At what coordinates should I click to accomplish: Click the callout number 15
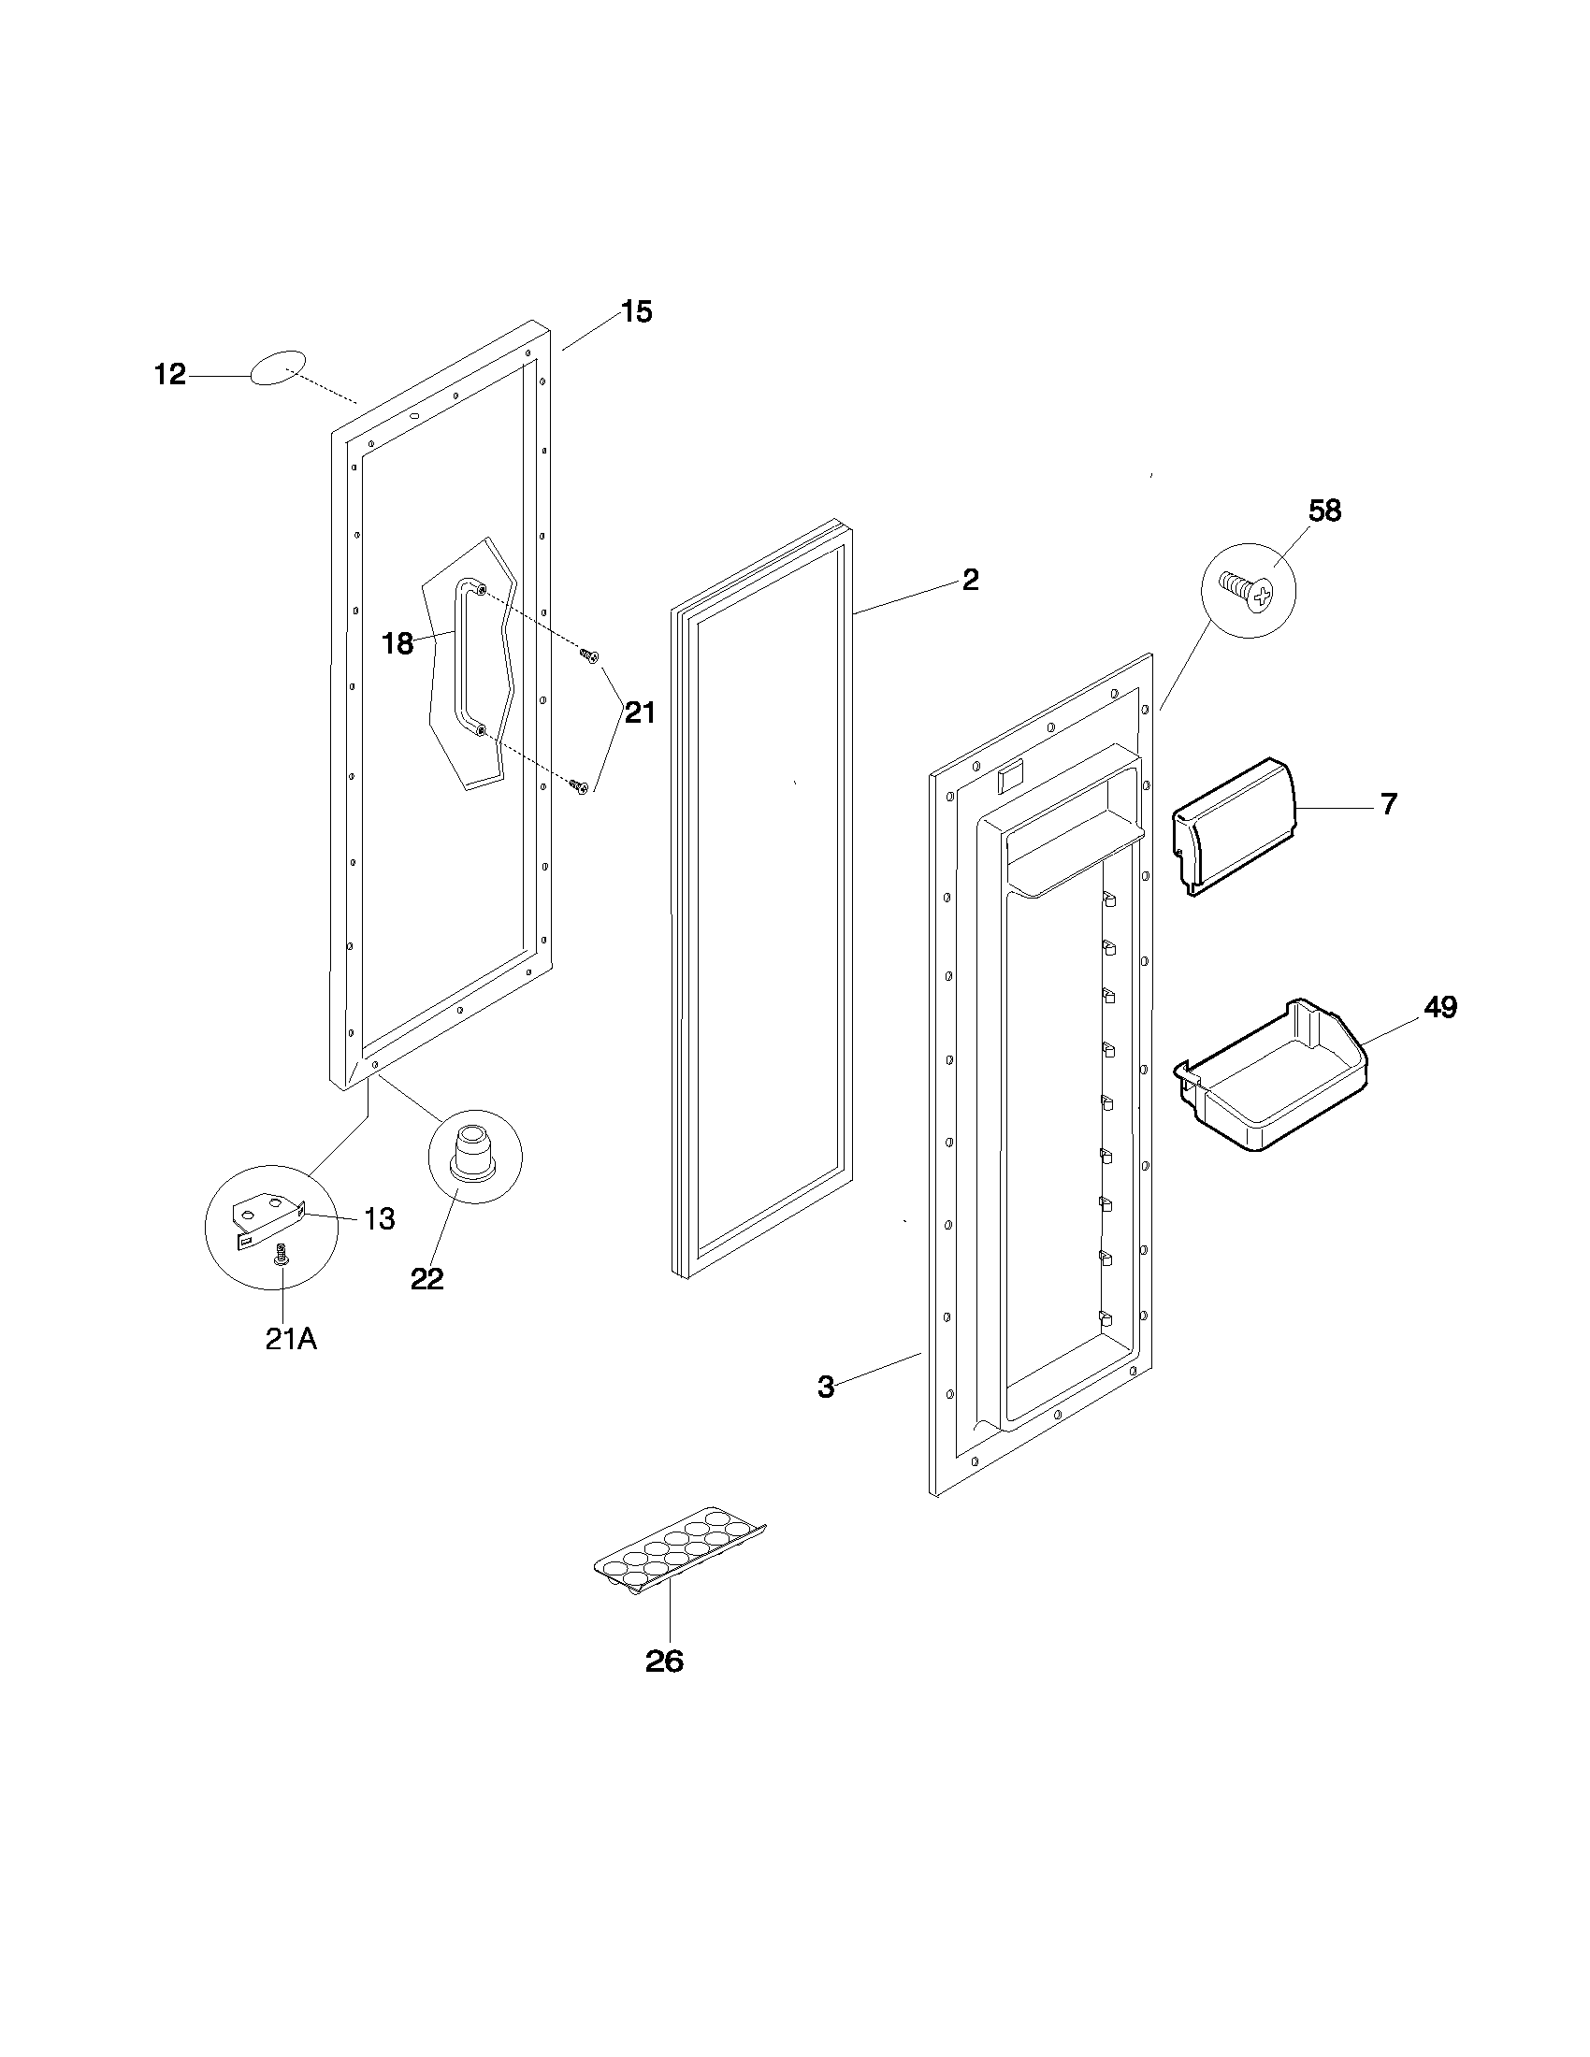[x=637, y=311]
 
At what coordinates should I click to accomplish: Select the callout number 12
[x=170, y=375]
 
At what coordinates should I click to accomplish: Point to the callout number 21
[x=640, y=713]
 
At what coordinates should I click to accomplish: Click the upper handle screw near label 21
[x=589, y=654]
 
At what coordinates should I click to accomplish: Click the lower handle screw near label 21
[x=579, y=784]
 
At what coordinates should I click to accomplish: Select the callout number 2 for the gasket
[x=970, y=580]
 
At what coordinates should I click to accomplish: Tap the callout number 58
[x=1324, y=511]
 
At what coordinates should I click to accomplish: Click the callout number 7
[x=1388, y=804]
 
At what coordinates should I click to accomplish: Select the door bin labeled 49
[x=1272, y=1075]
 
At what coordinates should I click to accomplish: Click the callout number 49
[x=1440, y=1007]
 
